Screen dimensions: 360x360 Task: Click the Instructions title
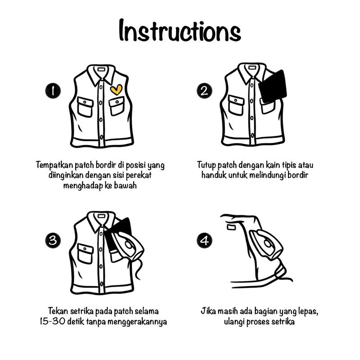pos(180,31)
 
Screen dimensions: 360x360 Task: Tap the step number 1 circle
pos(53,91)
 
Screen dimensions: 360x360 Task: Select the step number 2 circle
pos(204,91)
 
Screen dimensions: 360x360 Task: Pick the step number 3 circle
pos(53,240)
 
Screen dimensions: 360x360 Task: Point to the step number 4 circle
pos(204,240)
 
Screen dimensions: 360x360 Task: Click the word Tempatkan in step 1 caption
pos(54,165)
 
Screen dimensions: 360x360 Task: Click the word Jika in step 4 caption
pos(208,311)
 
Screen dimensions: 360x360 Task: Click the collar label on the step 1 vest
pos(101,69)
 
